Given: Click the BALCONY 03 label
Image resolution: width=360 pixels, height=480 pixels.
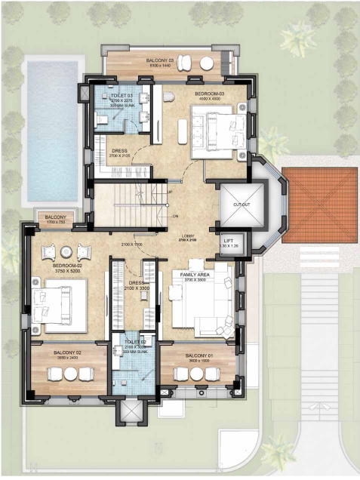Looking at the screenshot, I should tap(161, 59).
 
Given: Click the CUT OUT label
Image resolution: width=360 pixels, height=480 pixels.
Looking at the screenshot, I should tap(242, 204).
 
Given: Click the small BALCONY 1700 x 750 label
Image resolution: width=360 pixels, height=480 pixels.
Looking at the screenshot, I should tap(56, 218).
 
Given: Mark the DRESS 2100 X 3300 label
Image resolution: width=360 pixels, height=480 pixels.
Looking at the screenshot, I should tap(137, 285).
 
